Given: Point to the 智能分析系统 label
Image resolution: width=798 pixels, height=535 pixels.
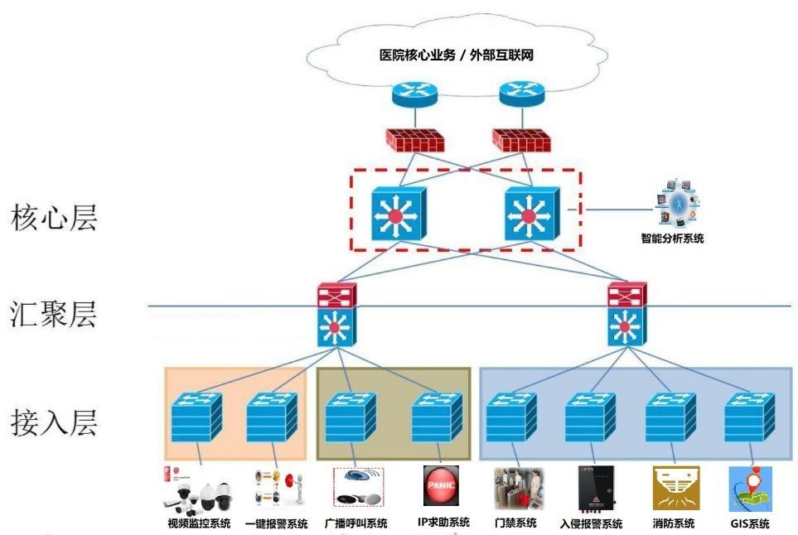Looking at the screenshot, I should point(672,239).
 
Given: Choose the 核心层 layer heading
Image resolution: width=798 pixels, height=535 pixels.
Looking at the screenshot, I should point(55,218).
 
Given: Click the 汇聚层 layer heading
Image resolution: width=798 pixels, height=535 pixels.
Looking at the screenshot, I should point(55,316).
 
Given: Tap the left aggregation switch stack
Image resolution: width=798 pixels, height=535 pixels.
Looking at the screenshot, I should point(336,314).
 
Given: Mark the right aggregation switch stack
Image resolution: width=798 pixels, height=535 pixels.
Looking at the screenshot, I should point(626,314).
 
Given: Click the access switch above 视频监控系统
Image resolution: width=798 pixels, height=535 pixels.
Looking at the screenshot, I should point(196,417).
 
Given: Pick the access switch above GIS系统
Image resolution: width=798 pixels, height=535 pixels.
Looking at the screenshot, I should point(749,417).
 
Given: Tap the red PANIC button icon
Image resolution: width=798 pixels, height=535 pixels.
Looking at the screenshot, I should point(440,486).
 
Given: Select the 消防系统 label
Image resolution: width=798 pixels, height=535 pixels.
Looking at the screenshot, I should point(673,523).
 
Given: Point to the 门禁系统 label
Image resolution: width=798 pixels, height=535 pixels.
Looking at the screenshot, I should point(515,523).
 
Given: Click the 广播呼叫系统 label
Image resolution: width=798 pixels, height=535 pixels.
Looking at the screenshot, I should point(355,523).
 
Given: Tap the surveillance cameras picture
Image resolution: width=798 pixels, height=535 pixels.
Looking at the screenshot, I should point(200,492).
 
